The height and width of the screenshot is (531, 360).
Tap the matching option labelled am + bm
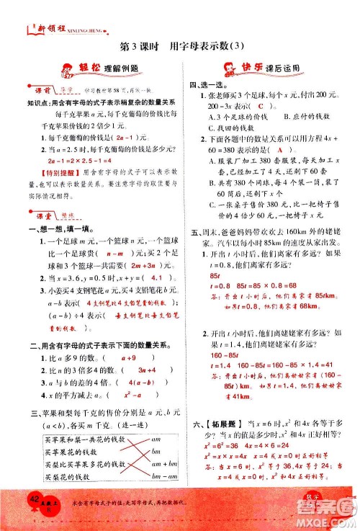[x=165, y=465]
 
